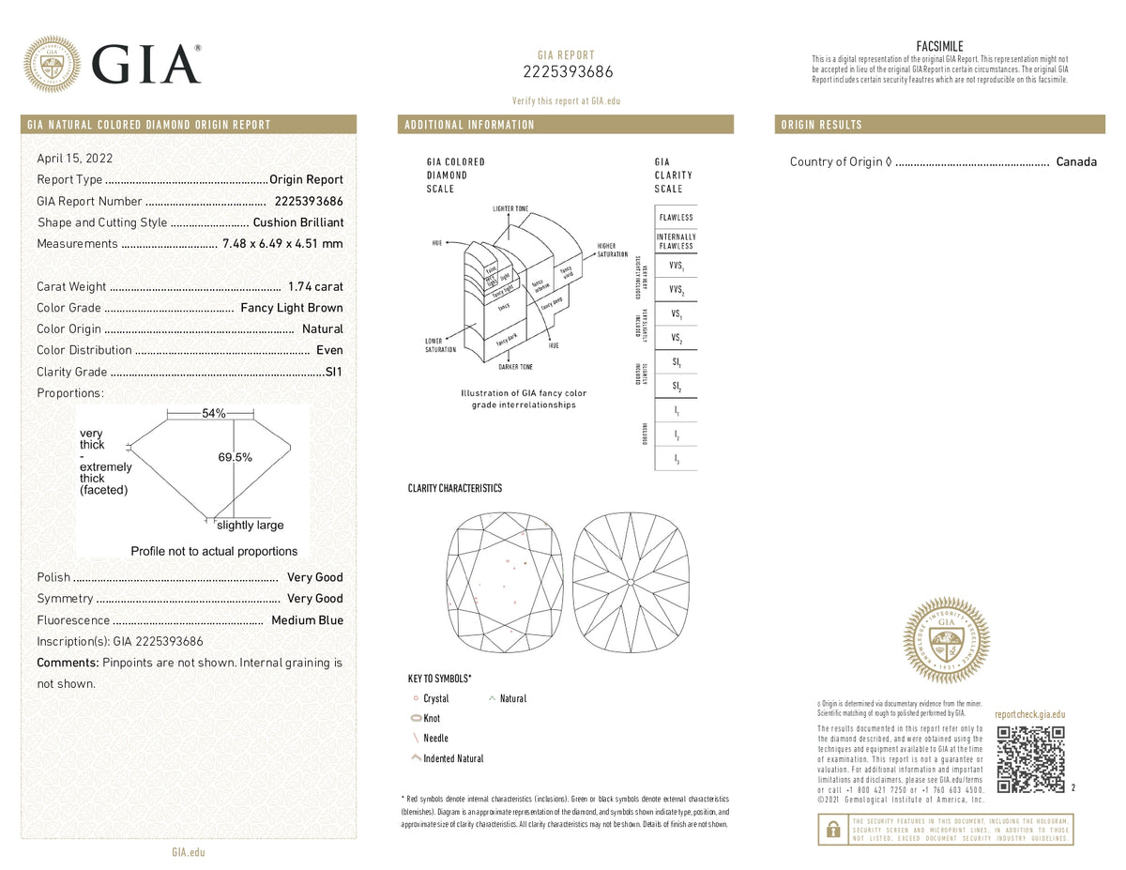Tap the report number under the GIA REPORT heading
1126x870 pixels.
coord(566,72)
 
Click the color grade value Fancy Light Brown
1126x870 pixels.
coord(292,308)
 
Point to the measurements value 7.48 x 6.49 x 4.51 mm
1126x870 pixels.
coord(282,244)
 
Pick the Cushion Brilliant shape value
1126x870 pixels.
coord(298,222)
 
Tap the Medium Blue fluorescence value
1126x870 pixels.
coord(307,620)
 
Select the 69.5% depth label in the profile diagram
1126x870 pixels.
coord(235,457)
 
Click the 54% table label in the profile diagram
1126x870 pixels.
coord(214,414)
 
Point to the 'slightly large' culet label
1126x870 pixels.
coord(250,526)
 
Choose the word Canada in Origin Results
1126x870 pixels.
coord(1076,161)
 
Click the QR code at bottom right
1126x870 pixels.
coord(1029,758)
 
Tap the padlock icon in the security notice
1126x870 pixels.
coord(831,830)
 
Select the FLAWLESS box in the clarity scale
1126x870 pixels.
coord(676,217)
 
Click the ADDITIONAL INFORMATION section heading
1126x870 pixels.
coord(469,125)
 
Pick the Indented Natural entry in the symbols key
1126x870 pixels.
coord(453,758)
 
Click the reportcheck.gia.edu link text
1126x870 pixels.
coord(1029,714)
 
